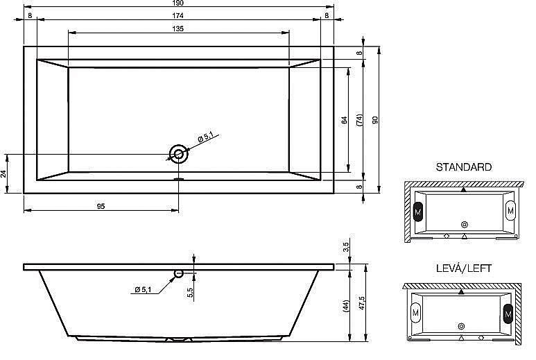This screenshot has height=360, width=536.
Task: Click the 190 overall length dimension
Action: click(x=178, y=3)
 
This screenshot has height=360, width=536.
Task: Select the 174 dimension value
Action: click(x=178, y=15)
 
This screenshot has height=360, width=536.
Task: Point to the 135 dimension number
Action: click(x=178, y=28)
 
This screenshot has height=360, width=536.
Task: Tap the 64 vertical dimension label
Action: click(x=344, y=120)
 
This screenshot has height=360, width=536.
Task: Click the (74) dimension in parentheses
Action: click(x=359, y=120)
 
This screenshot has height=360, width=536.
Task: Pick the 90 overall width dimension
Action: click(x=375, y=120)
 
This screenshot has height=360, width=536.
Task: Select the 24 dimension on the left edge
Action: click(x=3, y=173)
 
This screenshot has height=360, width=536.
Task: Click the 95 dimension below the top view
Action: click(x=101, y=206)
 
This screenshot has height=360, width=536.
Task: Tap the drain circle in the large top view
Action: click(x=178, y=154)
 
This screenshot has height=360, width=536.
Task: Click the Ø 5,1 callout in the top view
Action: click(x=205, y=137)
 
